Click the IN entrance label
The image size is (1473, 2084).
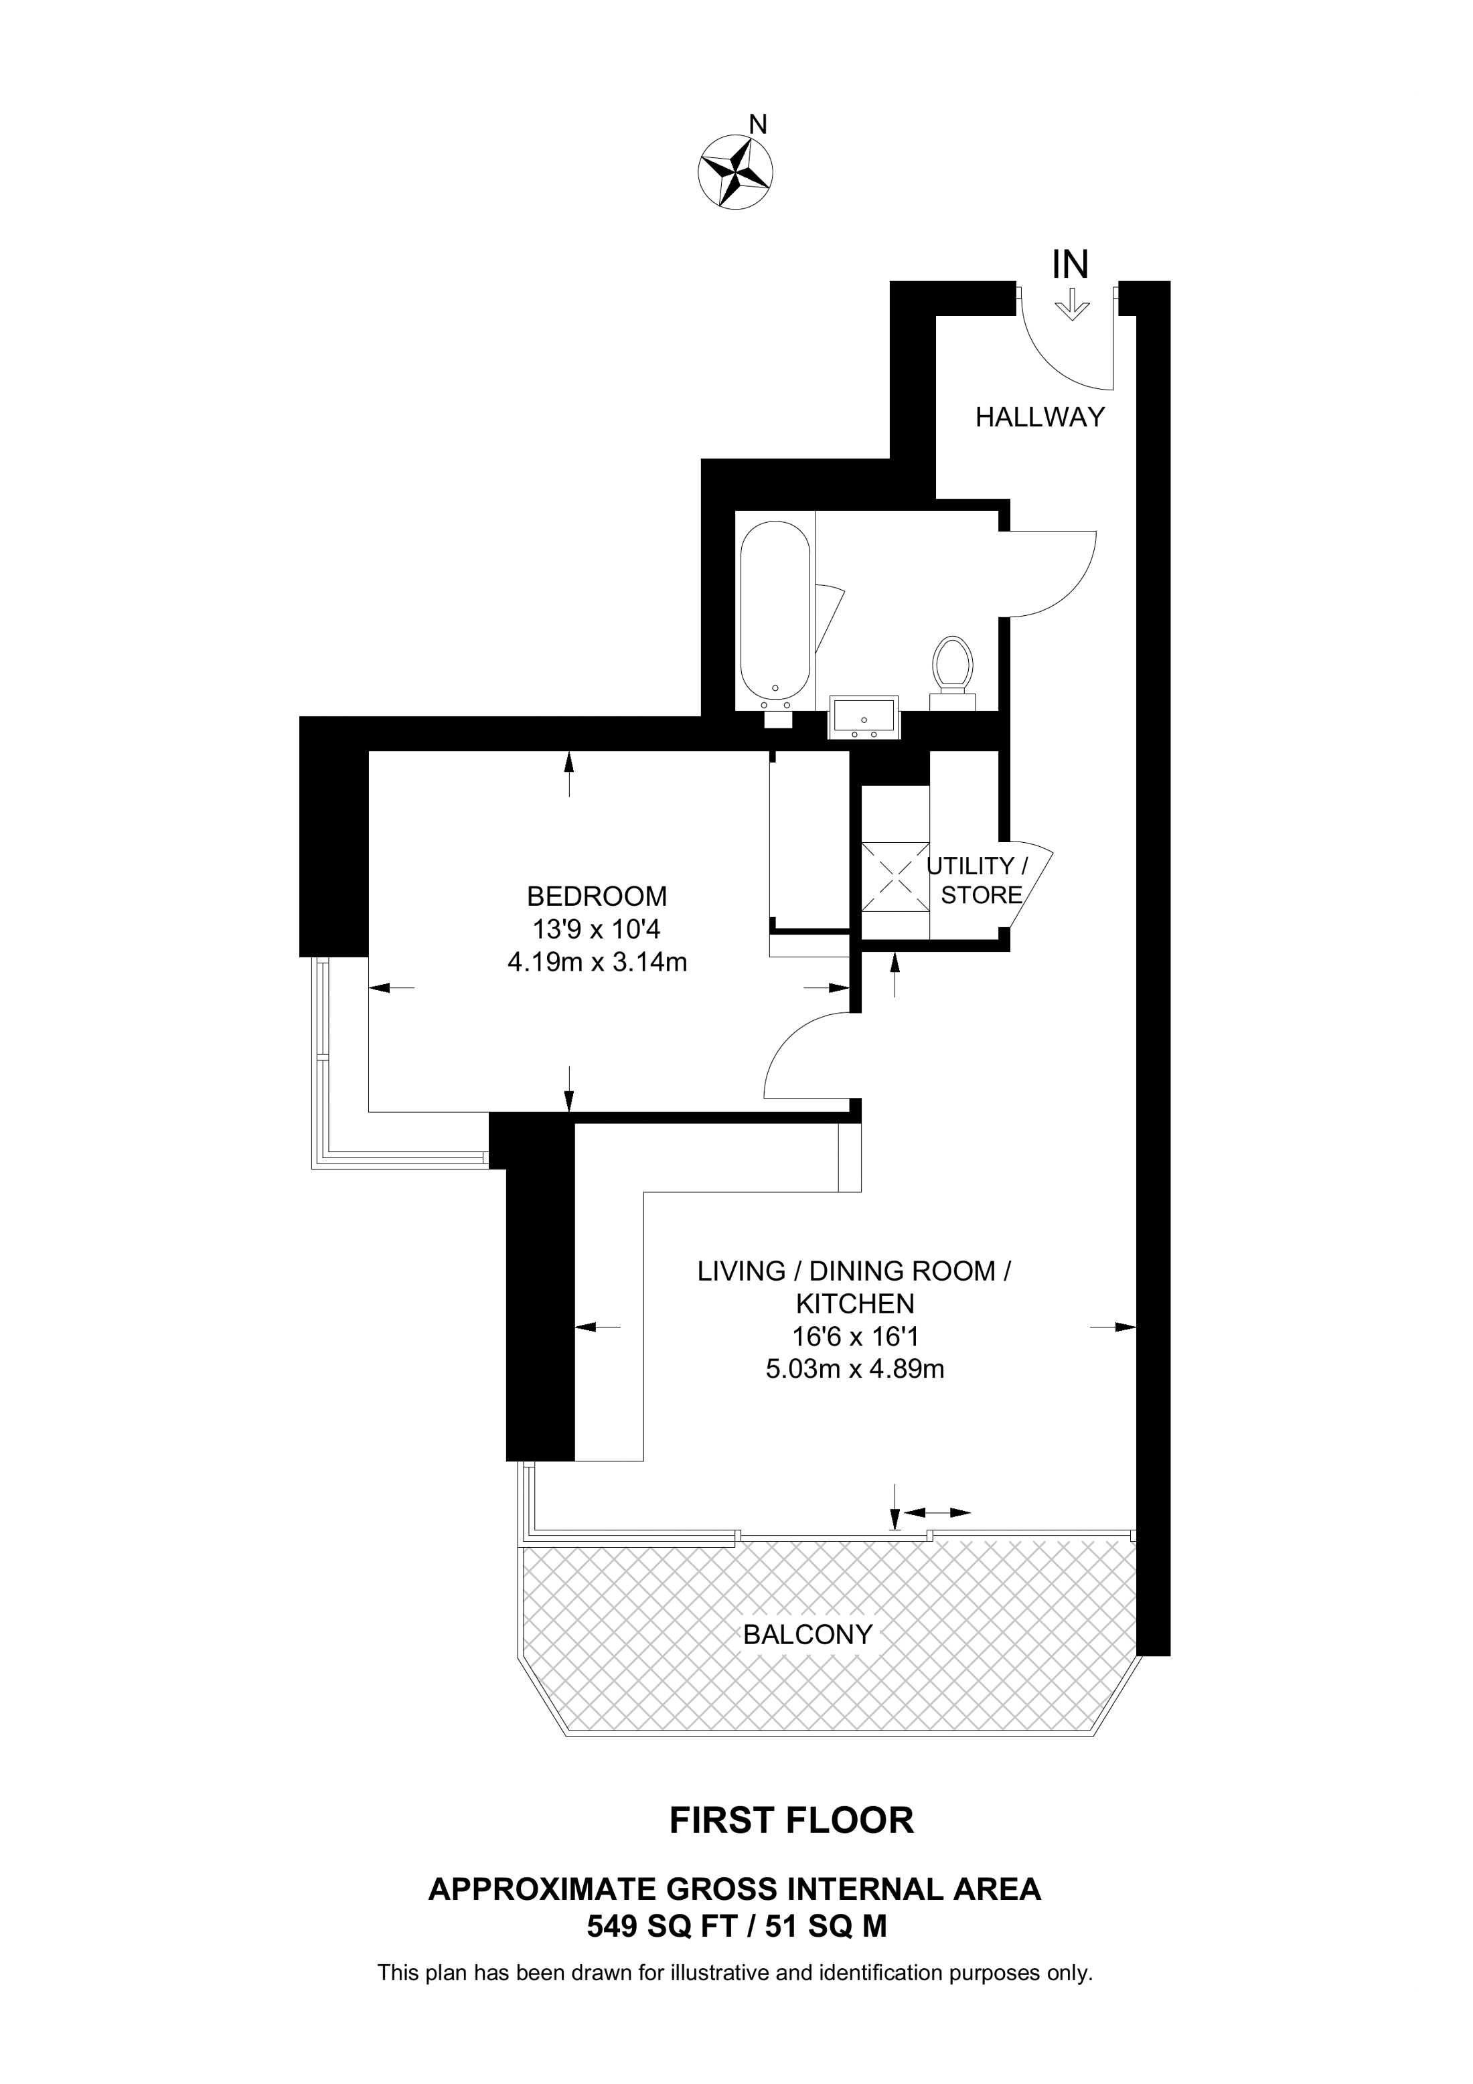pos(1070,264)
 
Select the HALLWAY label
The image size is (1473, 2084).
pos(1040,418)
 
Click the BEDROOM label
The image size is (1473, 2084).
pos(597,897)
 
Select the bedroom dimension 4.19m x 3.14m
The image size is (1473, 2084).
pos(597,962)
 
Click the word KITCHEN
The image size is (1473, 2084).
pos(855,1303)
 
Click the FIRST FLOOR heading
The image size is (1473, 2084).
pos(791,1821)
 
